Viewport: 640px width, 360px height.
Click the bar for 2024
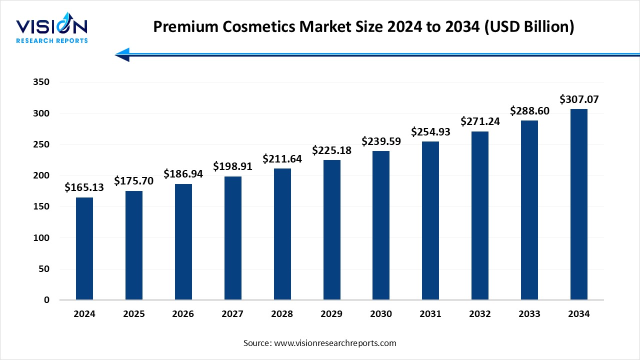coord(84,248)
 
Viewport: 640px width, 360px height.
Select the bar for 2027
coord(232,238)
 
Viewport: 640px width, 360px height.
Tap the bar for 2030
coord(381,225)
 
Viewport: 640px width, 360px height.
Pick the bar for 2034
coord(578,204)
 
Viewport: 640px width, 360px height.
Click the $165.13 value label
coord(84,187)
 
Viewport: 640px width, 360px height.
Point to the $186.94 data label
coord(183,173)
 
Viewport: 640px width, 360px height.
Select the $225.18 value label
coord(331,150)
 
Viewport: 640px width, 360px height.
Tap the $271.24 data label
coord(480,121)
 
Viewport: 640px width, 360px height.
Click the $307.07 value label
coord(578,99)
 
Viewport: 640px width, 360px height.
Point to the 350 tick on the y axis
coord(42,82)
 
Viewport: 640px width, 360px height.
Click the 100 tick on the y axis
coord(42,238)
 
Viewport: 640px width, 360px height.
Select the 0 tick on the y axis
coord(46,300)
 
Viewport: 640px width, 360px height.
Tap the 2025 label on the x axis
coord(133,314)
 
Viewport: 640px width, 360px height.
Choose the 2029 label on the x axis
coord(331,314)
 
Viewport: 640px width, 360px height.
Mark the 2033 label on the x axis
coord(529,314)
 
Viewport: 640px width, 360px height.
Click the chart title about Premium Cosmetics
coord(363,26)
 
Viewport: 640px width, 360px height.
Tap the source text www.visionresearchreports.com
coord(319,343)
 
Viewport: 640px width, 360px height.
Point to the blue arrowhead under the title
coord(122,54)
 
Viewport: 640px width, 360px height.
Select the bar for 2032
coord(480,215)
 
